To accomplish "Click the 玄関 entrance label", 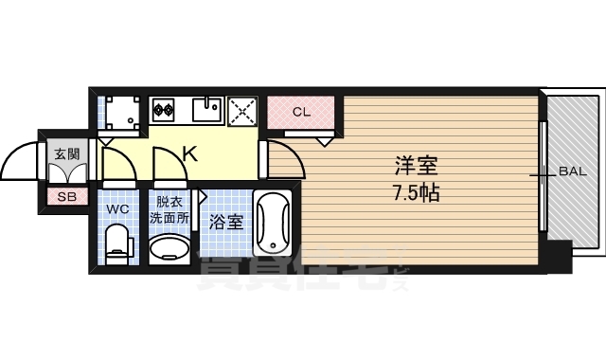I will [x=66, y=153].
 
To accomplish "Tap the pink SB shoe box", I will [x=66, y=197].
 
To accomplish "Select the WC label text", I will [x=117, y=208].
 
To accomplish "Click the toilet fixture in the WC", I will [x=117, y=243].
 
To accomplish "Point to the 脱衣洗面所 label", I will [x=169, y=208].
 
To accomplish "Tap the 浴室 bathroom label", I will [x=227, y=224].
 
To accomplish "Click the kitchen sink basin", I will [x=207, y=110].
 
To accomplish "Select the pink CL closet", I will [x=301, y=113].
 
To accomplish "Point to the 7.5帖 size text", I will [x=416, y=192].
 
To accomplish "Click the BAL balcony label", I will [x=572, y=172].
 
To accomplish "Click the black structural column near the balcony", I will [x=561, y=257].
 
